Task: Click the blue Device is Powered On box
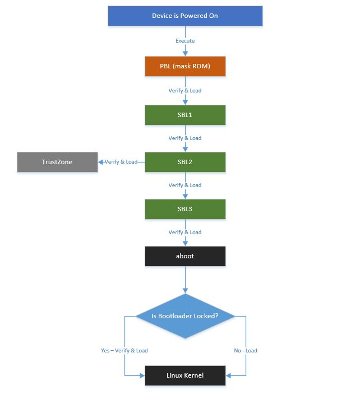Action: [185, 16]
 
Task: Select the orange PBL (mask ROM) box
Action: [185, 67]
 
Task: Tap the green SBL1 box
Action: [185, 115]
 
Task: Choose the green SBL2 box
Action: [185, 162]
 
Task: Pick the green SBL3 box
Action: [185, 209]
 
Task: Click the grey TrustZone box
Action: [57, 162]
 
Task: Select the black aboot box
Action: [185, 256]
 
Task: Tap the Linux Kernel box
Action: [185, 375]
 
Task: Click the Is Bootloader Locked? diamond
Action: [185, 316]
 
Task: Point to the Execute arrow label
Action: [185, 41]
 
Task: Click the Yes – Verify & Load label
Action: [124, 351]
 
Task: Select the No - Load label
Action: [246, 351]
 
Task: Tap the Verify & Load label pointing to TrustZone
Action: [121, 162]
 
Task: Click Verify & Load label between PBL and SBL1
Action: [185, 91]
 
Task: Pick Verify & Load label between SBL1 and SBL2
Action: [185, 138]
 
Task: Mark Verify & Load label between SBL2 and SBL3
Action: [185, 185]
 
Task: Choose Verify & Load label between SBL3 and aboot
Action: [185, 233]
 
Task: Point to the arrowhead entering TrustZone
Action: [101, 162]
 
